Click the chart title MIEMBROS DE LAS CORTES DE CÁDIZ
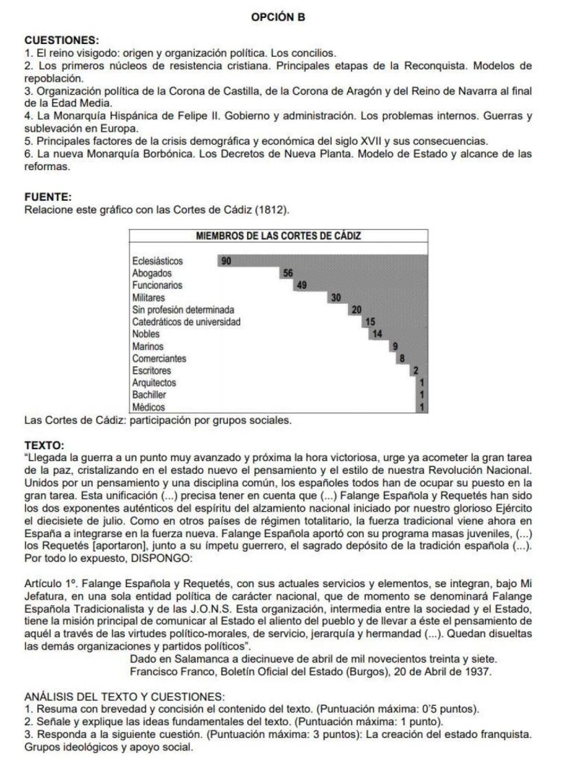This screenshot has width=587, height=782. click(x=278, y=236)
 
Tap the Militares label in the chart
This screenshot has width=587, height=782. click(x=149, y=298)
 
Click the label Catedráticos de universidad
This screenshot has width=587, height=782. click(x=186, y=322)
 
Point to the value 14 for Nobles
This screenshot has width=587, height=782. click(x=376, y=334)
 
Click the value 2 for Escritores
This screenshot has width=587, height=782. click(x=415, y=370)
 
